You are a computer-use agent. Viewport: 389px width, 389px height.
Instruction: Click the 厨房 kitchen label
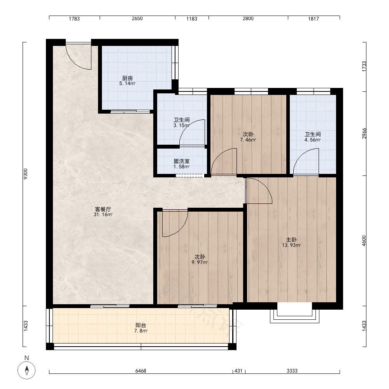(x=128, y=78)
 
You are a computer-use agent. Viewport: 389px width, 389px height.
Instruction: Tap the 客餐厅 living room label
(x=103, y=209)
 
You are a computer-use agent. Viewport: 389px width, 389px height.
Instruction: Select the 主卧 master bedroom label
(x=291, y=240)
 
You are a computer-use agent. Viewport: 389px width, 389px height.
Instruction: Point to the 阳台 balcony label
(x=141, y=325)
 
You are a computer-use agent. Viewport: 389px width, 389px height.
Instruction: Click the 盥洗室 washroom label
(x=182, y=161)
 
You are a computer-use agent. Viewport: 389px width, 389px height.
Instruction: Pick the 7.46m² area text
(x=248, y=140)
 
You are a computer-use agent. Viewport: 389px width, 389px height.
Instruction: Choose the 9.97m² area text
(x=200, y=262)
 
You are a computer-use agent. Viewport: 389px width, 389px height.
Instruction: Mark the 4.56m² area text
(x=313, y=140)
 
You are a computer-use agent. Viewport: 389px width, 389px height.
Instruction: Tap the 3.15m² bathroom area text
(x=181, y=126)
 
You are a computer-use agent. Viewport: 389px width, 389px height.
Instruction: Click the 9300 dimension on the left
(x=25, y=173)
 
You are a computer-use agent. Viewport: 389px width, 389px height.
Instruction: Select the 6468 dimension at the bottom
(x=141, y=371)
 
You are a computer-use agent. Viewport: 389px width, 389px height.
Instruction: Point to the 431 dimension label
(x=238, y=371)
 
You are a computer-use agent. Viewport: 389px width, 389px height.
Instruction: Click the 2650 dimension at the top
(x=137, y=18)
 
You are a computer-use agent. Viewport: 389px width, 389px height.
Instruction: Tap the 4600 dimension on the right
(x=364, y=241)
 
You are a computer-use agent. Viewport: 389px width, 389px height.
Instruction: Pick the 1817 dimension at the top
(x=313, y=19)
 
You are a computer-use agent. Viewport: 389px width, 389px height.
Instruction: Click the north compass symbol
(x=26, y=370)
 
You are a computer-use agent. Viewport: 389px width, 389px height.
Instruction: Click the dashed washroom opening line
(x=189, y=175)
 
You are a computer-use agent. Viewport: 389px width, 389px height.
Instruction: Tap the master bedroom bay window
(x=294, y=313)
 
